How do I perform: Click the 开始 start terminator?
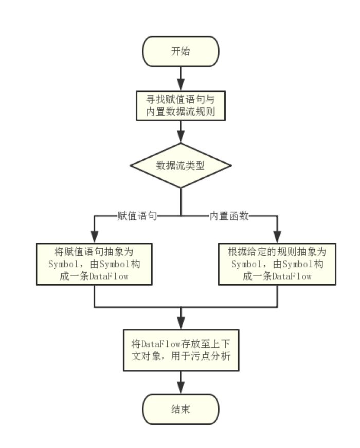pyautogui.click(x=181, y=51)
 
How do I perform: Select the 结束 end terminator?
pyautogui.click(x=181, y=409)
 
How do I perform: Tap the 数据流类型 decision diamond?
pyautogui.click(x=181, y=165)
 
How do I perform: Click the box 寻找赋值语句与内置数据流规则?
pyautogui.click(x=181, y=105)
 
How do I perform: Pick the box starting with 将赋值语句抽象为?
pyautogui.click(x=94, y=264)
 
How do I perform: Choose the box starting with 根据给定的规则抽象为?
pyautogui.click(x=277, y=264)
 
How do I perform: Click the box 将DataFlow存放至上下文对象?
pyautogui.click(x=181, y=349)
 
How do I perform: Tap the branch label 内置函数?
pyautogui.click(x=228, y=216)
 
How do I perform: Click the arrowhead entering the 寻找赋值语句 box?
pyautogui.click(x=181, y=85)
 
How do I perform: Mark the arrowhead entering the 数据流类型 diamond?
pyautogui.click(x=181, y=138)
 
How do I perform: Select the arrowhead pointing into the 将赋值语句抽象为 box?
pyautogui.click(x=94, y=238)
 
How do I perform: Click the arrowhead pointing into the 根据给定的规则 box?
pyautogui.click(x=277, y=238)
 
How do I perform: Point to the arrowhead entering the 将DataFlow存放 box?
pyautogui.click(x=181, y=323)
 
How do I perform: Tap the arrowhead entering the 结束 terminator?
pyautogui.click(x=181, y=389)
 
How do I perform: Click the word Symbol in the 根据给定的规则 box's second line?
pyautogui.click(x=245, y=264)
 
